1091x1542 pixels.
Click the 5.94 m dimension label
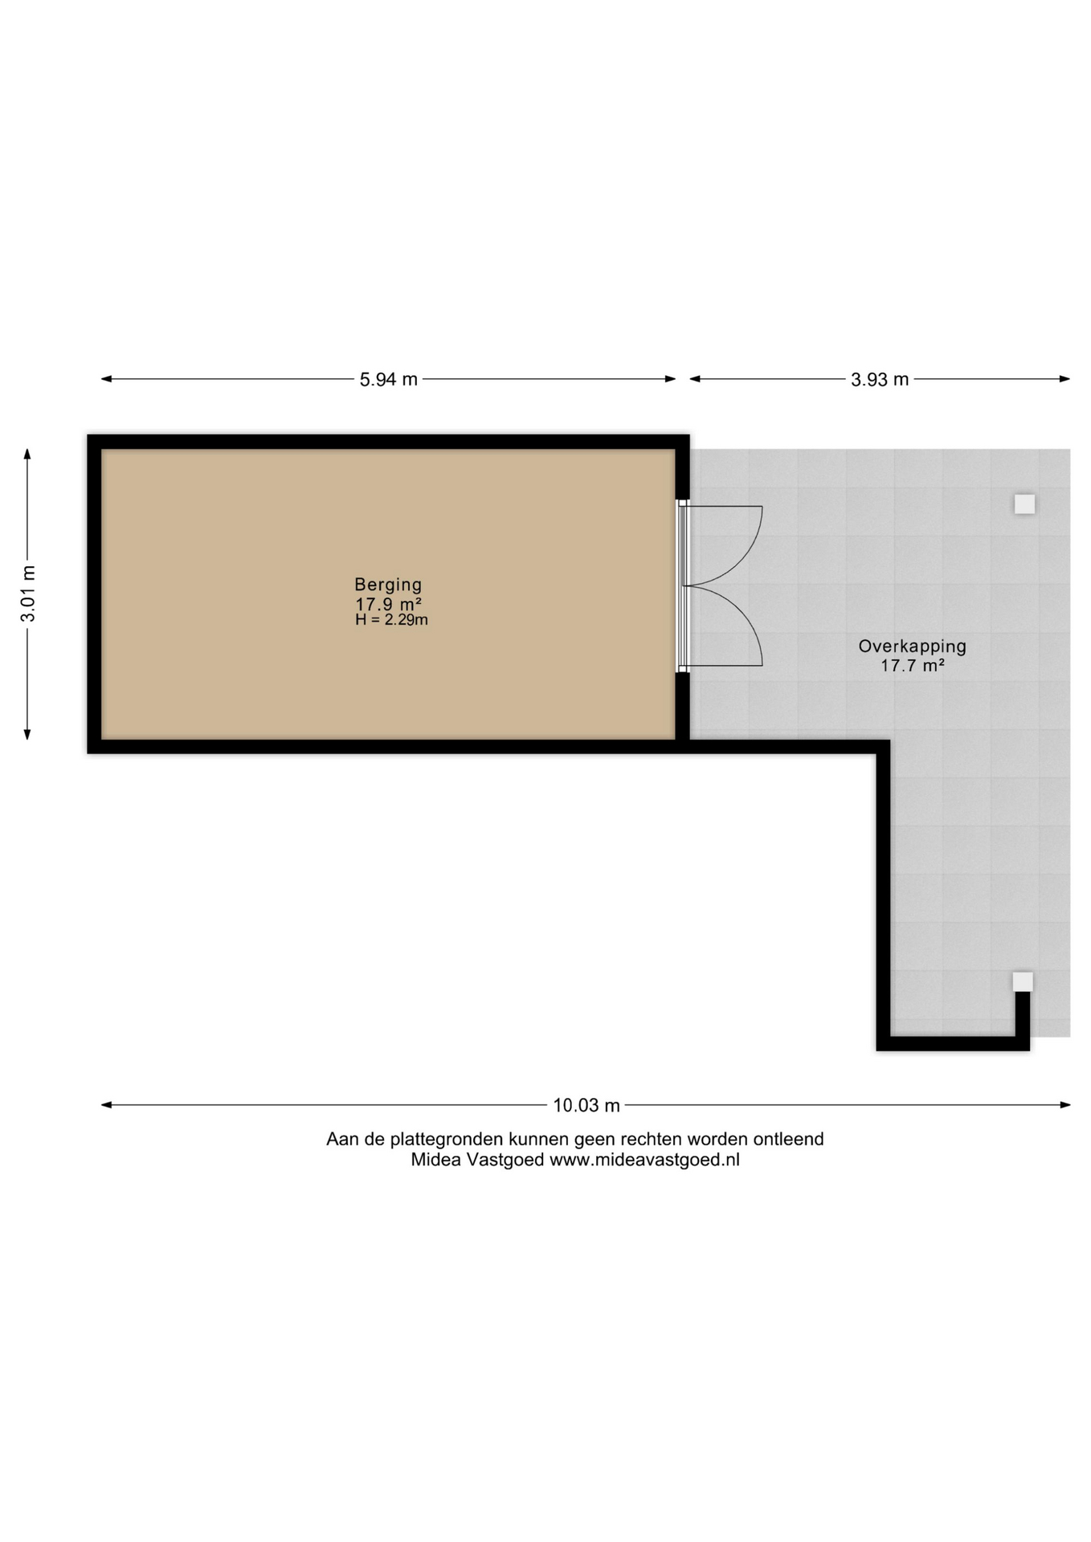389,379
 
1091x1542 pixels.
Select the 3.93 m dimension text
880,379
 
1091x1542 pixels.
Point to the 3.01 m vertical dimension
28,594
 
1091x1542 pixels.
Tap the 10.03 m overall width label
586,1105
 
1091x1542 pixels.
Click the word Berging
388,585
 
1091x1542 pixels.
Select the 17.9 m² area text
389,604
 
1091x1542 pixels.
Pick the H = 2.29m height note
391,620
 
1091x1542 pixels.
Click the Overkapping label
912,646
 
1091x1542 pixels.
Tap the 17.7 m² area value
912,665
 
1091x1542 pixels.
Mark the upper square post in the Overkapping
1024,504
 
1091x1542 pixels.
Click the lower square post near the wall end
1023,981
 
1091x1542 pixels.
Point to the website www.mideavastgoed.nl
644,1160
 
